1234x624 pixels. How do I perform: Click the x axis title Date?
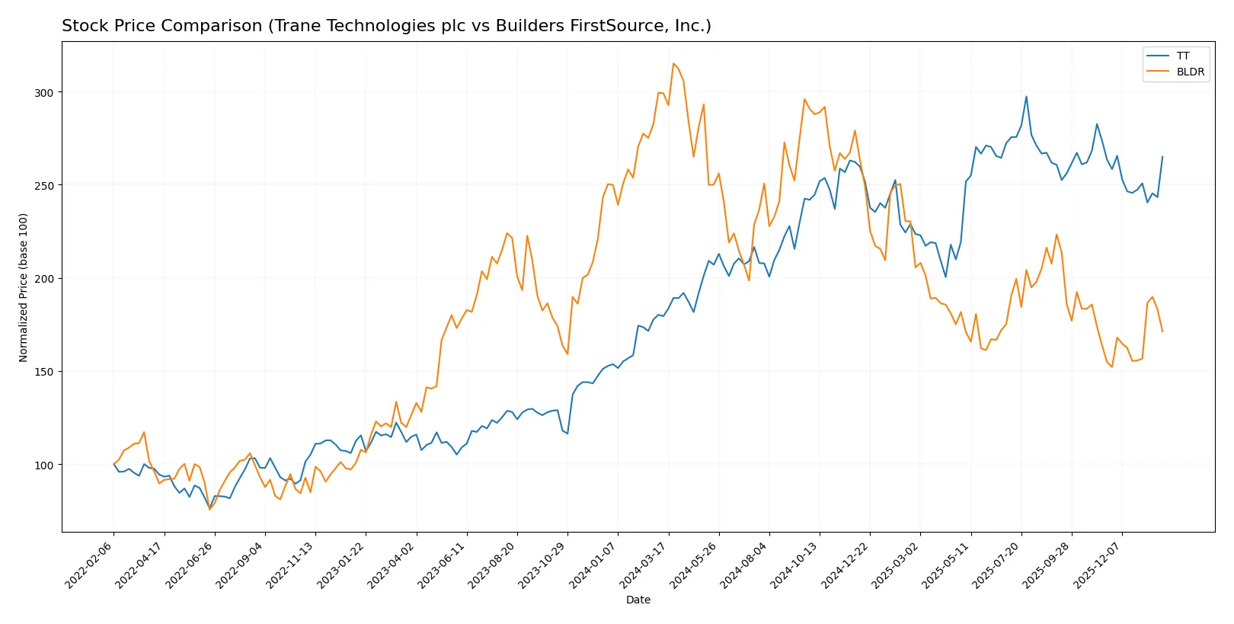[x=638, y=600]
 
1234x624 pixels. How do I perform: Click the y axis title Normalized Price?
[x=23, y=287]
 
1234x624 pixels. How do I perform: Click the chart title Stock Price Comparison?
[x=386, y=26]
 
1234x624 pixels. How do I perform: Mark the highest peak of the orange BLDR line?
[x=673, y=63]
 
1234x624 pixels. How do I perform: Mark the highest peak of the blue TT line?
[x=1026, y=96]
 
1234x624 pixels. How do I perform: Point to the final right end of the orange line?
[x=1162, y=331]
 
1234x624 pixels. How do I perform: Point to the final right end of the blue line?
[x=1162, y=156]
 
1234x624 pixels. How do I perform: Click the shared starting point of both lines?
[x=114, y=464]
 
